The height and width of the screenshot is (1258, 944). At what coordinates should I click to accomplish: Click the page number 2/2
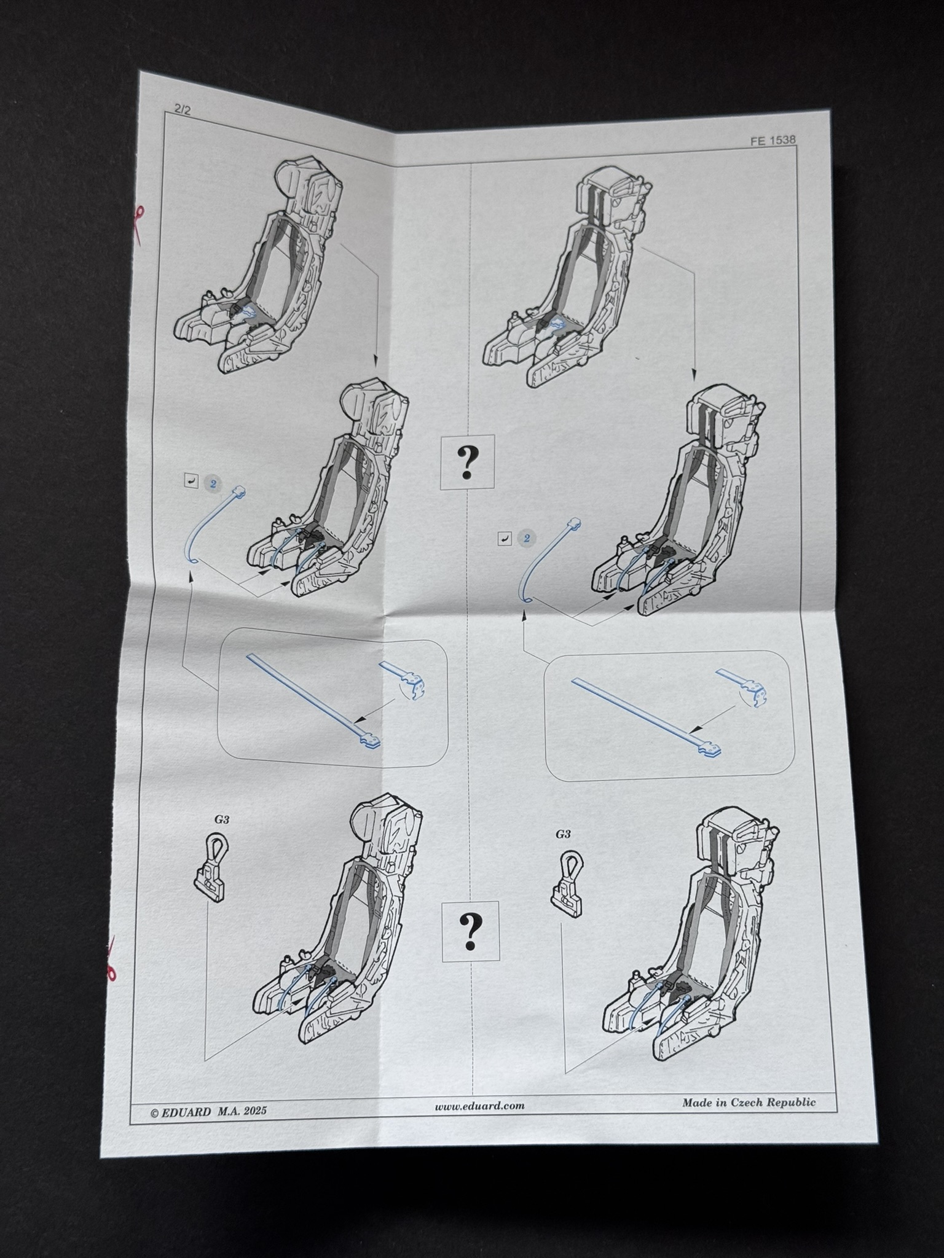183,110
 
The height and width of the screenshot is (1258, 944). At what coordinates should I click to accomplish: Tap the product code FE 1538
773,140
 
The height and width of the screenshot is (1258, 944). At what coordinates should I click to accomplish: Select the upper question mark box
468,462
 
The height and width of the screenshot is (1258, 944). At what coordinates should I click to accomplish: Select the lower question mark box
470,931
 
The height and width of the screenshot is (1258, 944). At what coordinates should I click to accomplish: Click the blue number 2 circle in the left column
213,483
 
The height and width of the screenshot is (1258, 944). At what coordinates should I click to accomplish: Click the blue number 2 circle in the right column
526,539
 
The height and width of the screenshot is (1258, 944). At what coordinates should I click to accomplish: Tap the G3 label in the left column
222,819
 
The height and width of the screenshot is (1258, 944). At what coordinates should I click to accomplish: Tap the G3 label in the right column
562,834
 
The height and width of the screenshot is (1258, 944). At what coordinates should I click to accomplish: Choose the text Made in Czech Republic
749,1102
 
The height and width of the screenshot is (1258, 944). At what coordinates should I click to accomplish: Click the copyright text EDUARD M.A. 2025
209,1111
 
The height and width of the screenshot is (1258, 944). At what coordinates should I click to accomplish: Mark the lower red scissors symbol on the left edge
111,968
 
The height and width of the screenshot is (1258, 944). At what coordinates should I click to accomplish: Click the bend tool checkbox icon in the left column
191,481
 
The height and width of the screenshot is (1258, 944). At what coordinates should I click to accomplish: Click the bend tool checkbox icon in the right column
505,539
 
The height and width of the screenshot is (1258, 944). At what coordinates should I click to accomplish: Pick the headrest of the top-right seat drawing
612,187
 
